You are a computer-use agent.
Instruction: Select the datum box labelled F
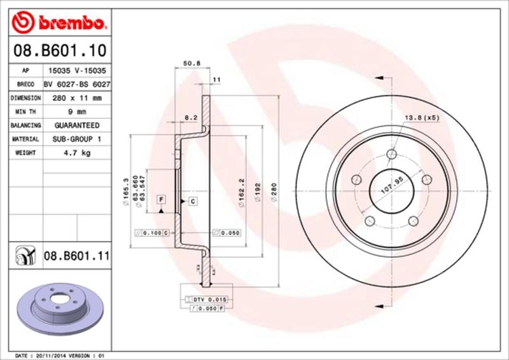(x=162, y=200)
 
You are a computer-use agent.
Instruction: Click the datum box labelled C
(x=191, y=201)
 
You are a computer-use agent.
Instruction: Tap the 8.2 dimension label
(x=190, y=117)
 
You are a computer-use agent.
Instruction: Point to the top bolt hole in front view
(x=391, y=155)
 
